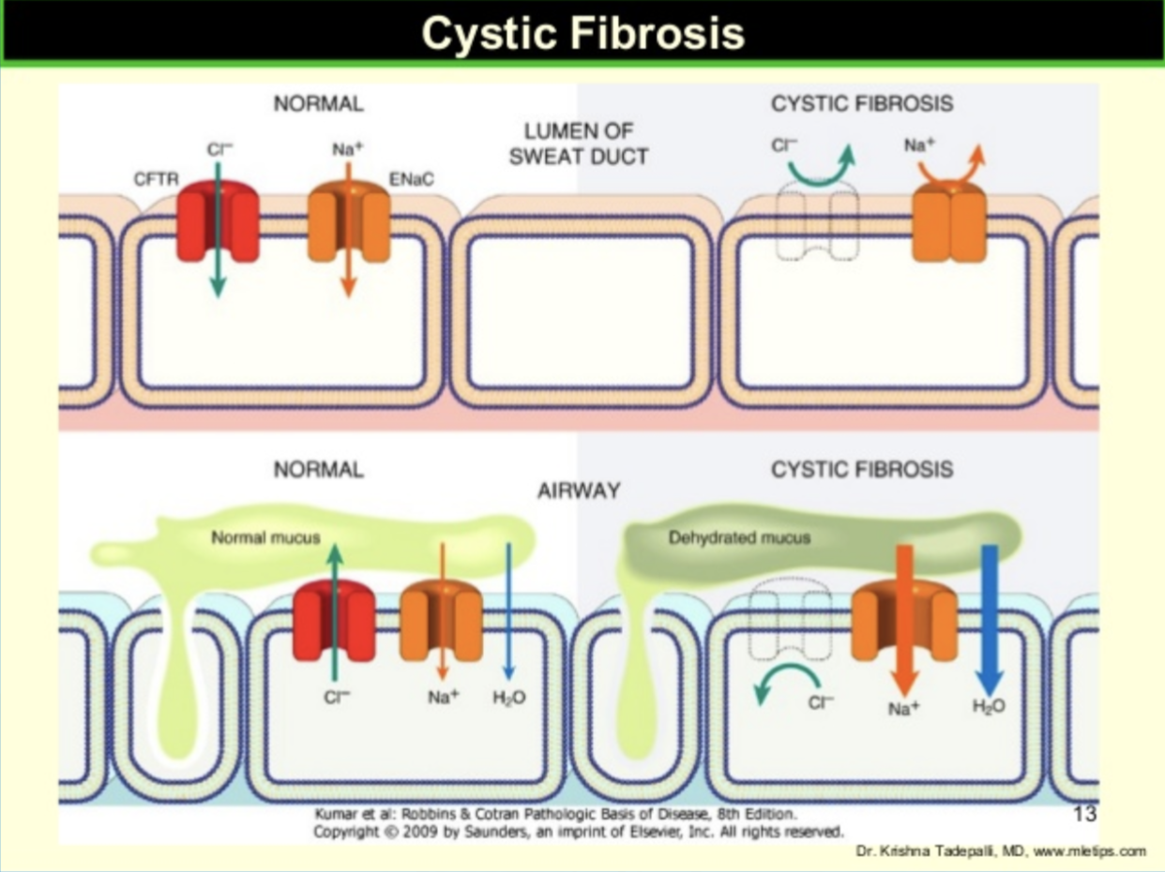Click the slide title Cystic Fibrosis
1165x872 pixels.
coord(582,33)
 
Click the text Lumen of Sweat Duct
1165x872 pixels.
coord(578,143)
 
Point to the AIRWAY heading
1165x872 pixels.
coord(578,490)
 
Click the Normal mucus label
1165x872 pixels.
coord(265,538)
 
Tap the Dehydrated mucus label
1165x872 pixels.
coord(739,538)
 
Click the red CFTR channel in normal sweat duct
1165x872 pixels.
coord(218,223)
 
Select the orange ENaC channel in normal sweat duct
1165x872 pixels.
coord(349,223)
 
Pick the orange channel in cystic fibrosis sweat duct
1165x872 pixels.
coord(949,223)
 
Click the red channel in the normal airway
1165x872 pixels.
coord(334,621)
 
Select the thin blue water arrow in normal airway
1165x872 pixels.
coord(507,609)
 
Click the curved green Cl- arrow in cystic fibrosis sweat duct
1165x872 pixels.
coord(822,166)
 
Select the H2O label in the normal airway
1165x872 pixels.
coord(509,699)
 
